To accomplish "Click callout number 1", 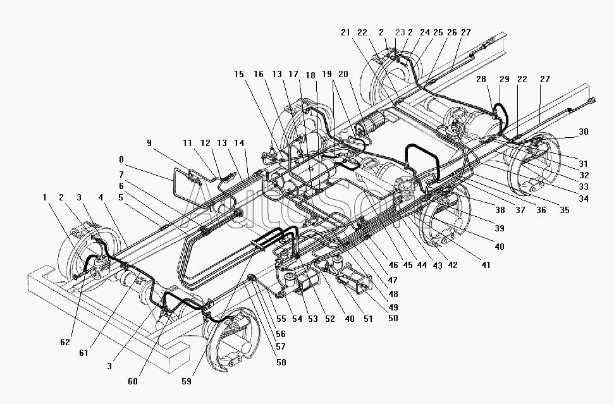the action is click(x=45, y=197).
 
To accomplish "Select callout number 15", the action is click(x=238, y=74).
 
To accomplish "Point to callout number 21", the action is click(x=345, y=33).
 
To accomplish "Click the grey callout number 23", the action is click(x=400, y=33).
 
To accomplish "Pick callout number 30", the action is click(x=583, y=132).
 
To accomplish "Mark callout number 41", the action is click(x=485, y=266).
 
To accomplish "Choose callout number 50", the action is click(x=393, y=318).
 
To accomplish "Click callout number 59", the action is click(x=186, y=381).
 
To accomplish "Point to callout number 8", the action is click(x=121, y=160).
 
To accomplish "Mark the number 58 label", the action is click(x=280, y=362).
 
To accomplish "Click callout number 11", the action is click(x=187, y=143).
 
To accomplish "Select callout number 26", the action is click(x=451, y=33).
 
